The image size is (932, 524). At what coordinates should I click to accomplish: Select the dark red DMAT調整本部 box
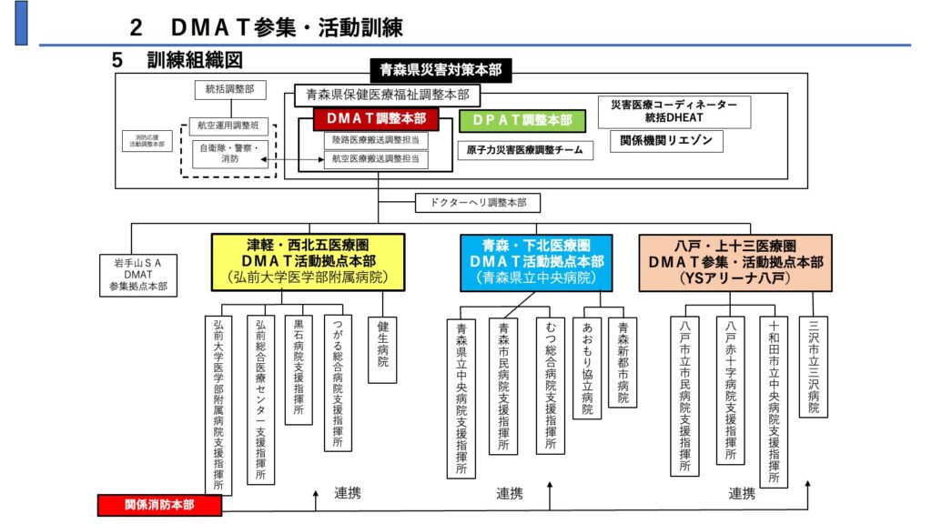[x=376, y=119]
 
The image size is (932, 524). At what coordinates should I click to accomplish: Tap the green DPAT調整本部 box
[x=516, y=119]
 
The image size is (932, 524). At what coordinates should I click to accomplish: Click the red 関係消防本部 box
[x=159, y=504]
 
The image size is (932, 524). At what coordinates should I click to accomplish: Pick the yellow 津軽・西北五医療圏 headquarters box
[x=309, y=262]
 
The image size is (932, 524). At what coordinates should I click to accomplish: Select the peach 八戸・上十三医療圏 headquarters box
[x=735, y=262]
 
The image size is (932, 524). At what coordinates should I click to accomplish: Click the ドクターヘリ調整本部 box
[x=471, y=202]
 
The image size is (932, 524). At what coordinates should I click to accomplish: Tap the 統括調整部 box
[x=230, y=90]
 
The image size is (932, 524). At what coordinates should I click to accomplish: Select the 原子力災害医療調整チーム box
[x=524, y=149]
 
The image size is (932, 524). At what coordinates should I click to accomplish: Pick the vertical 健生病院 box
[x=382, y=348]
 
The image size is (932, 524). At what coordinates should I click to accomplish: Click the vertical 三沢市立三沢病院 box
[x=814, y=366]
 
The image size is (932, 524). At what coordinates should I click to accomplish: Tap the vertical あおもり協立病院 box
[x=586, y=368]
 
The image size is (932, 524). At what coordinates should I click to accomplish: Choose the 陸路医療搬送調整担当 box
[x=375, y=141]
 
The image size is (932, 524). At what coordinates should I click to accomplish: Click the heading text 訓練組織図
[x=194, y=60]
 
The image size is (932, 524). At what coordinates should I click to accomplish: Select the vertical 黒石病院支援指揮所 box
[x=299, y=369]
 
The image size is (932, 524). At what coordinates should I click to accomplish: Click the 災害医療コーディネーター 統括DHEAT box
[x=674, y=111]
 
